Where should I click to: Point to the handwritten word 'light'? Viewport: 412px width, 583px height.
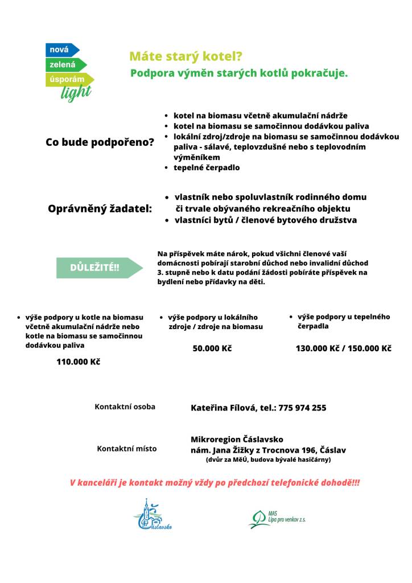pos(76,93)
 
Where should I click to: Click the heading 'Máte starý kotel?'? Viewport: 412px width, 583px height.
pos(186,56)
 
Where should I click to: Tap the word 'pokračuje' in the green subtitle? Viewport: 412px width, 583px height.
pos(318,73)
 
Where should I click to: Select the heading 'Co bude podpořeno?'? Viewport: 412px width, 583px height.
pos(100,142)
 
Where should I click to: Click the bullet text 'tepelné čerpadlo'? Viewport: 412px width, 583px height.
pos(207,168)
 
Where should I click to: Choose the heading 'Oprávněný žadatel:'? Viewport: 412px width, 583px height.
pos(100,209)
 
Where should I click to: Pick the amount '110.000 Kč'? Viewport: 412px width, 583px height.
pos(78,362)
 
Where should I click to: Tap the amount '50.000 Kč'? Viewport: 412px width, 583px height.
pos(212,348)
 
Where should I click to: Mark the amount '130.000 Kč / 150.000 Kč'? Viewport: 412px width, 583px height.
pos(343,348)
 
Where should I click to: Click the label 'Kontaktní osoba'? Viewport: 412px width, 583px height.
pos(125,407)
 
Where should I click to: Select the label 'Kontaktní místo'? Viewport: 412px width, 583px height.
pos(127,449)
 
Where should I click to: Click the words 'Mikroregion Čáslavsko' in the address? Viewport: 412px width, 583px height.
pos(237,440)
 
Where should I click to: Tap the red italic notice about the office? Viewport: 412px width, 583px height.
pos(215,483)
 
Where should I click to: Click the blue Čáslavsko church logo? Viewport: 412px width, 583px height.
pos(152,515)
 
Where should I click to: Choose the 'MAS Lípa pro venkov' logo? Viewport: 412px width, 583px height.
pos(276,518)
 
